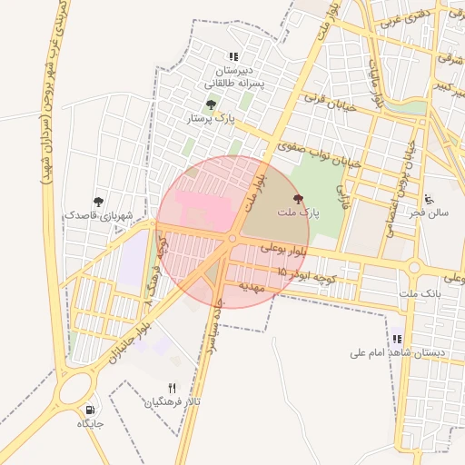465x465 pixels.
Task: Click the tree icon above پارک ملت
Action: [297, 199]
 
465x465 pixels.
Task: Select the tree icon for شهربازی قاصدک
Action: [98, 202]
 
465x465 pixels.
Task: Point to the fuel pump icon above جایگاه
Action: [90, 410]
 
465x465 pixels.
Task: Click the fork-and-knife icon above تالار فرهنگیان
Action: [172, 388]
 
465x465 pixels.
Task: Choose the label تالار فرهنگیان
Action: [172, 401]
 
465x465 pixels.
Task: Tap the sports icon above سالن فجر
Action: [428, 199]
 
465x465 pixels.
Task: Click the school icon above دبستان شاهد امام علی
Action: [396, 339]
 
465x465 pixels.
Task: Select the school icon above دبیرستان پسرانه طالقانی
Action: [233, 56]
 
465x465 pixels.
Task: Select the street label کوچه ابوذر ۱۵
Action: [306, 274]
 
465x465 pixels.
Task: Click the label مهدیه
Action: [251, 286]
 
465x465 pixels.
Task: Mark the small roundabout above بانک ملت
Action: [413, 268]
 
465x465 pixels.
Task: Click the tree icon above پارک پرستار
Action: [211, 104]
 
